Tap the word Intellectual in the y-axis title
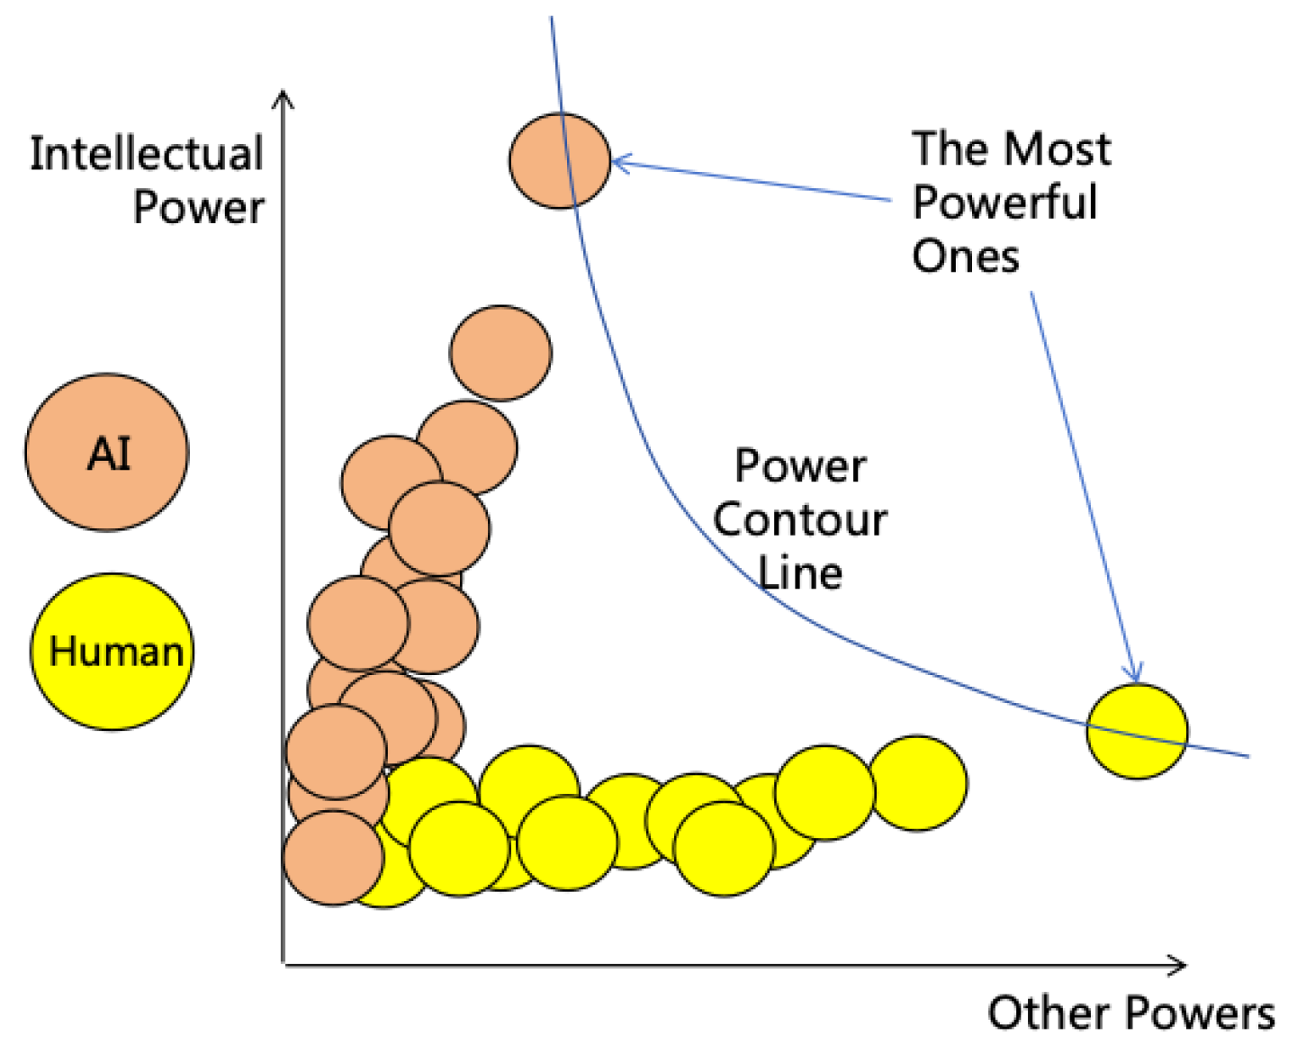tap(147, 153)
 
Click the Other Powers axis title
tap(1131, 1013)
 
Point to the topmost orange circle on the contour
tap(560, 161)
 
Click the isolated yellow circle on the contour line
tap(1137, 731)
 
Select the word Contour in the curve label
tap(800, 520)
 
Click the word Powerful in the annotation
tap(1005, 203)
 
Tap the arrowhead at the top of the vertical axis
tap(284, 97)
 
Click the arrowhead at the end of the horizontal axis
tap(1178, 965)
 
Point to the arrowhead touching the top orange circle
tap(619, 163)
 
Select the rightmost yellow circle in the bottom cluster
tap(917, 782)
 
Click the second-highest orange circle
tap(501, 353)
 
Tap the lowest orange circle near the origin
tap(333, 857)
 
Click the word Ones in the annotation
tap(966, 257)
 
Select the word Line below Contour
tap(800, 573)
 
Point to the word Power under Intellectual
tap(199, 208)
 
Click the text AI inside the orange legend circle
tap(109, 454)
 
